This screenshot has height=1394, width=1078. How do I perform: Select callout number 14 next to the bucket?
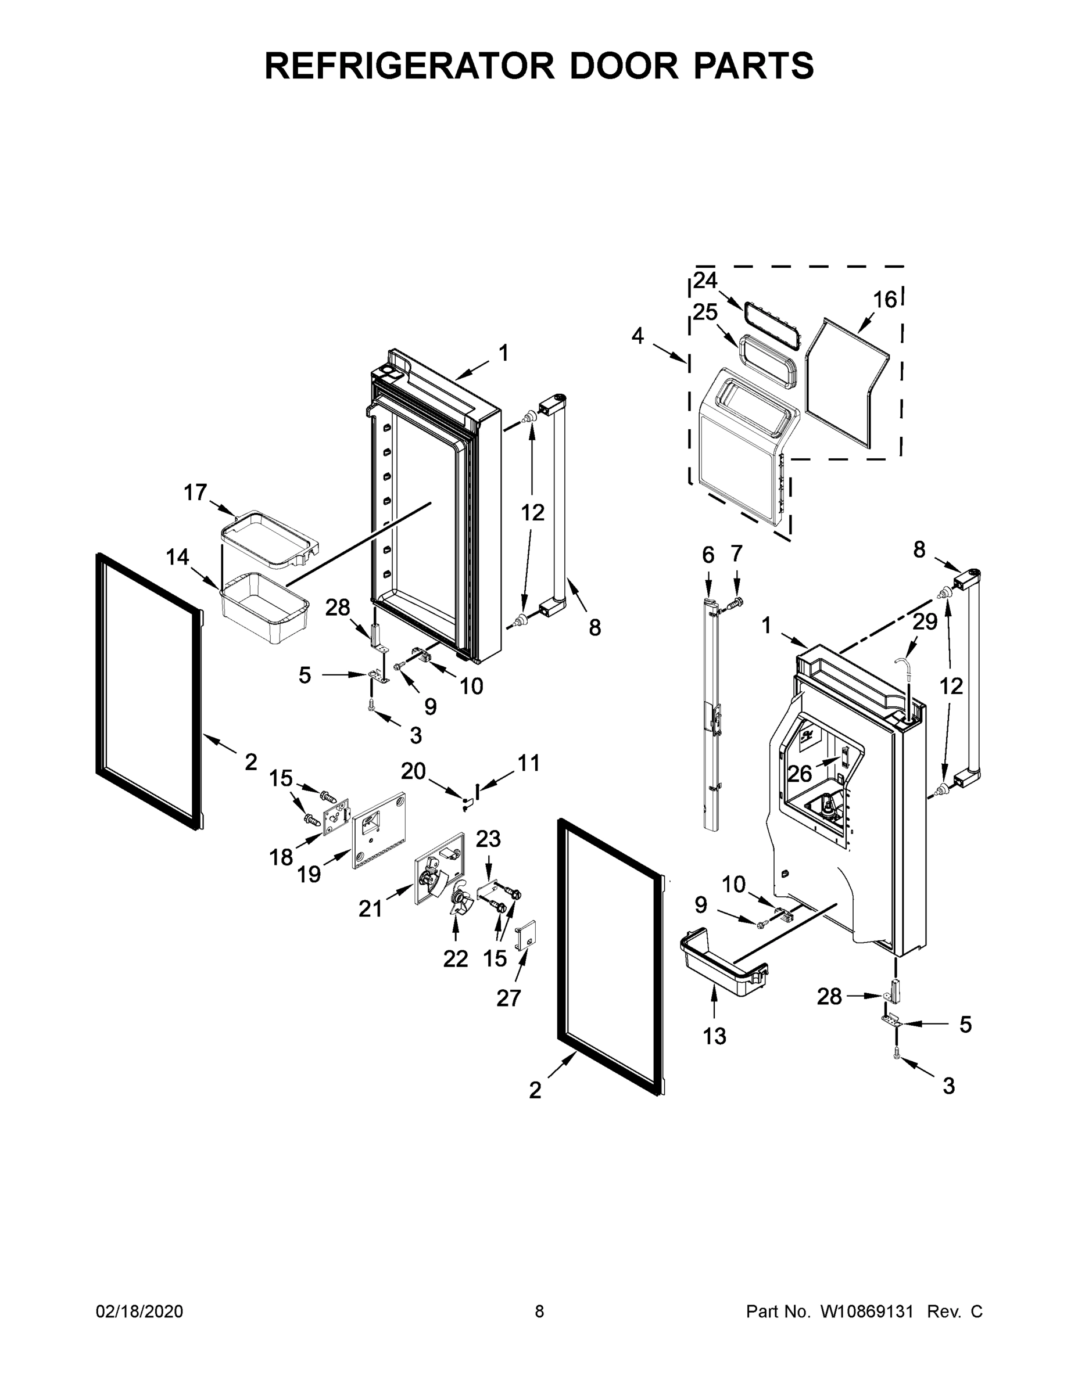tap(178, 557)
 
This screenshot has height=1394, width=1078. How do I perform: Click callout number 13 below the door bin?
tap(714, 1036)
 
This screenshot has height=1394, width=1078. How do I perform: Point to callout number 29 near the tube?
tap(924, 621)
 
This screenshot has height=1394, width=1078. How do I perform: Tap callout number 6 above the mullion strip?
tap(708, 555)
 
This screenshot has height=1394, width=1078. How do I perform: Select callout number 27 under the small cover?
tap(508, 998)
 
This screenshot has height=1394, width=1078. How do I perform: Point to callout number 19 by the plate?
tap(309, 874)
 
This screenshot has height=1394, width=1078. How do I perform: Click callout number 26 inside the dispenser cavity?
tap(800, 774)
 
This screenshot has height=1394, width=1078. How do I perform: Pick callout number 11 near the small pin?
tap(528, 763)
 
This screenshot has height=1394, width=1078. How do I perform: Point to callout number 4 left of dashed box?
tap(638, 336)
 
